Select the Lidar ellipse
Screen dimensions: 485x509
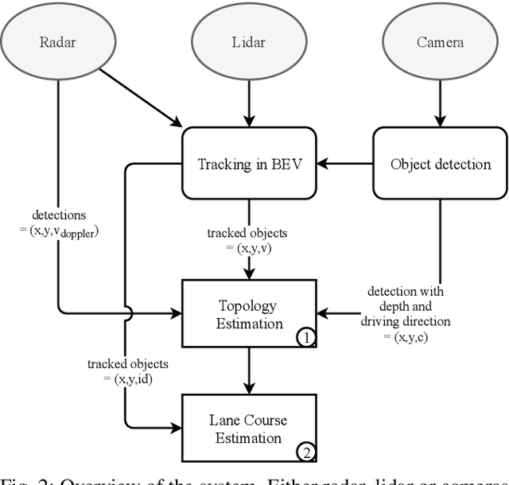tap(250, 42)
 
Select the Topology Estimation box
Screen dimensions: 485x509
tap(250, 314)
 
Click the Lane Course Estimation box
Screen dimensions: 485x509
tap(250, 429)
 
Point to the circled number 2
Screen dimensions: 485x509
tap(307, 454)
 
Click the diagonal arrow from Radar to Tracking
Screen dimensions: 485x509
tap(143, 98)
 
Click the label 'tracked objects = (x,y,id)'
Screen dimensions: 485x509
tap(128, 371)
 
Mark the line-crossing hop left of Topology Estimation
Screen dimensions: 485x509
tap(125, 313)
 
